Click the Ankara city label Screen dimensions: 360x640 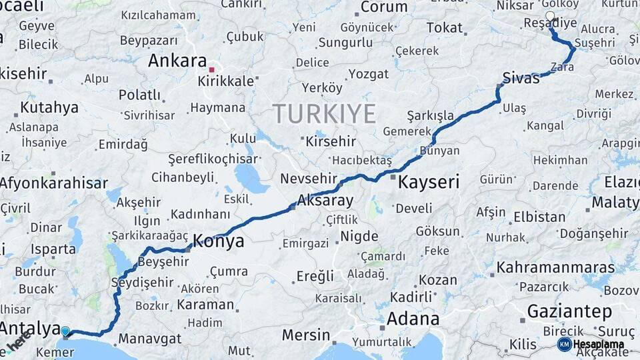tap(177, 61)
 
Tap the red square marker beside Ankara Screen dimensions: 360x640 tap(211, 69)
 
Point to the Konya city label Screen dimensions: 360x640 tap(218, 241)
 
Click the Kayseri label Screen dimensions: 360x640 tap(429, 181)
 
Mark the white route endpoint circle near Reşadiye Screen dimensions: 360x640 tap(550, 16)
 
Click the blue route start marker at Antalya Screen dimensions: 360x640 tap(65, 331)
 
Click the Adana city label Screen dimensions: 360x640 tap(413, 317)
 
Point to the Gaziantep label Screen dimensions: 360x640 tap(569, 311)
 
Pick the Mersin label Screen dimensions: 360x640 tap(305, 335)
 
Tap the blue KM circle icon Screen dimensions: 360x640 tap(564, 344)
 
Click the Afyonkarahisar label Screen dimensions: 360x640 tap(53, 183)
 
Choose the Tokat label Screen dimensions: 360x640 tap(444, 27)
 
